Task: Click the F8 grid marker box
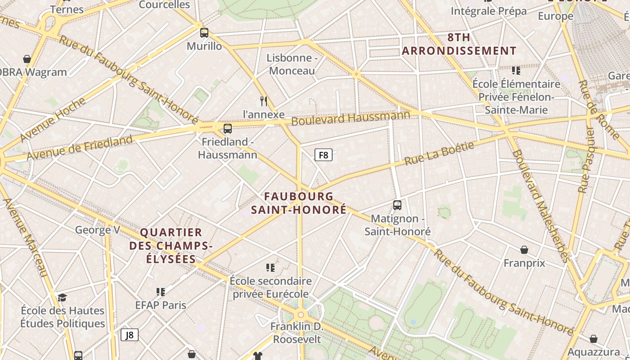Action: pyautogui.click(x=323, y=155)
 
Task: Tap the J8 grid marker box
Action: pyautogui.click(x=130, y=335)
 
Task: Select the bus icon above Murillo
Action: pyautogui.click(x=204, y=32)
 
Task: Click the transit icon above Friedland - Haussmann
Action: pyautogui.click(x=228, y=129)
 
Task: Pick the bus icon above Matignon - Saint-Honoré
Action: pyautogui.click(x=397, y=205)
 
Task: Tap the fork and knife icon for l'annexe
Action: pyautogui.click(x=264, y=101)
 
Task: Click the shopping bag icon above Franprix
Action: pyautogui.click(x=524, y=250)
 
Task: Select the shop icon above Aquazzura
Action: pyautogui.click(x=594, y=339)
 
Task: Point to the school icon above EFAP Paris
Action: pyautogui.click(x=161, y=292)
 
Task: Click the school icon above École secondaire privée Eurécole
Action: pyautogui.click(x=270, y=268)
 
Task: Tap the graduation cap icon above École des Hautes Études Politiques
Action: pyautogui.click(x=62, y=297)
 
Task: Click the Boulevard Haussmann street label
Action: pyautogui.click(x=351, y=118)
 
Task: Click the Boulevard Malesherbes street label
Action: pyautogui.click(x=540, y=205)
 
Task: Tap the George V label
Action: pyautogui.click(x=98, y=230)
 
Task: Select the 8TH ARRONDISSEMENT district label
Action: pyautogui.click(x=459, y=44)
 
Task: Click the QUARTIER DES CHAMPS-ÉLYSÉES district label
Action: pyautogui.click(x=171, y=246)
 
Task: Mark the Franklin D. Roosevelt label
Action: pyautogui.click(x=297, y=333)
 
